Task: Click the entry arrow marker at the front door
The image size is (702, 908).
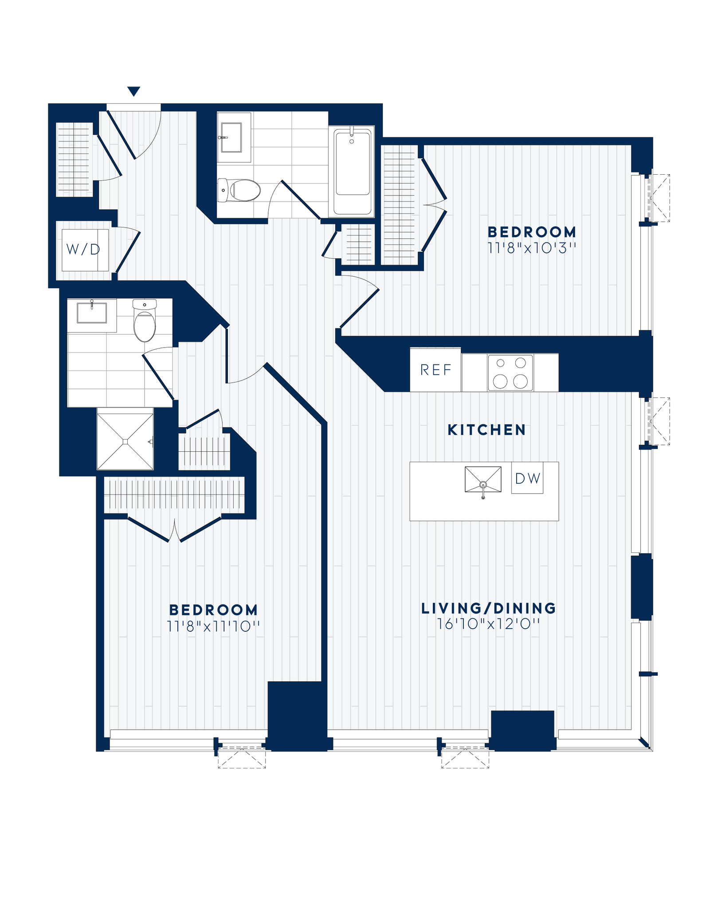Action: (x=133, y=91)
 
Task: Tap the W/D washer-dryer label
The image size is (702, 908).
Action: (x=83, y=250)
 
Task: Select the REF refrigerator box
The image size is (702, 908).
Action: (x=435, y=370)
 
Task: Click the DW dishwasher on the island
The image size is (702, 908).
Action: (x=528, y=478)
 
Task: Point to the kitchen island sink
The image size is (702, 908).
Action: (x=483, y=479)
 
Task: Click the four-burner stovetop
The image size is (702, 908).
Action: (x=510, y=373)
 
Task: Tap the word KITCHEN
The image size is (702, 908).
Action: (x=486, y=430)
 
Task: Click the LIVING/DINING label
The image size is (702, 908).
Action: (x=489, y=608)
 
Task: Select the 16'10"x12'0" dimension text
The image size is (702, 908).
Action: (x=489, y=624)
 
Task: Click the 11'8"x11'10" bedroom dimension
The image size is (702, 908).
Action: (x=213, y=626)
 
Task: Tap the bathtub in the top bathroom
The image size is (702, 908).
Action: (x=353, y=169)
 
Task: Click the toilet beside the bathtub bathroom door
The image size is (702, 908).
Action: (x=239, y=190)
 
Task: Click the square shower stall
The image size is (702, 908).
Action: (x=125, y=442)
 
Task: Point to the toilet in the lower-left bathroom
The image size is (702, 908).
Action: (x=145, y=322)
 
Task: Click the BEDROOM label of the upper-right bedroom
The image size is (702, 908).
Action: (x=532, y=232)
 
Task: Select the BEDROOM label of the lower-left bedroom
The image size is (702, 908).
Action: (x=213, y=610)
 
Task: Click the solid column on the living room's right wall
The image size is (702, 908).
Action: (x=642, y=586)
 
